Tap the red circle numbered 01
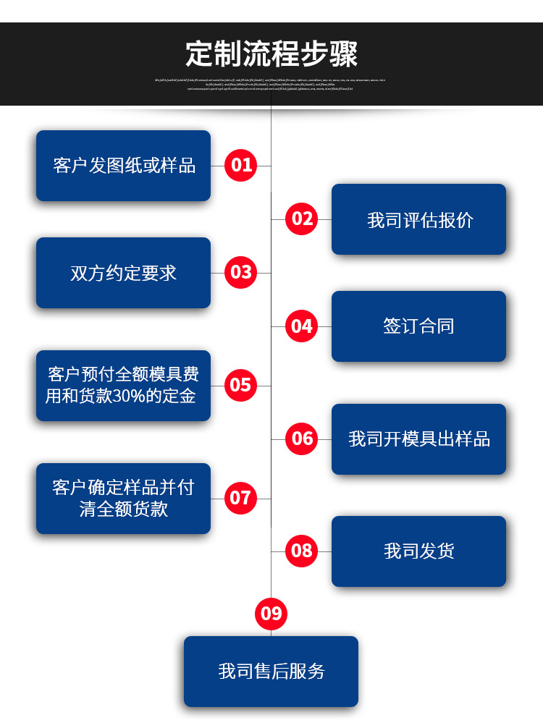click(x=241, y=165)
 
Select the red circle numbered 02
click(x=302, y=219)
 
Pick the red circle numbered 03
click(x=241, y=272)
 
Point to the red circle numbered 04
click(x=302, y=326)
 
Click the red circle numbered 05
click(x=241, y=385)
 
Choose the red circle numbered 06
click(x=302, y=439)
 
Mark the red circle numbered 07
click(x=241, y=498)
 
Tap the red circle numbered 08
click(x=302, y=551)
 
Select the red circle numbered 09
click(x=271, y=614)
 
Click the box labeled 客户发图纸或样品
click(x=123, y=166)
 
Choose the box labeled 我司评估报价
click(x=418, y=219)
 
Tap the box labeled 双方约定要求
click(x=123, y=273)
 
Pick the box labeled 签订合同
click(x=418, y=326)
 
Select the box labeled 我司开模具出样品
click(x=418, y=439)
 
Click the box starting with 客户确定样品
click(x=123, y=499)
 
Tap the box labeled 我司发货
click(x=418, y=551)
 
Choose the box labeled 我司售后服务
click(x=271, y=672)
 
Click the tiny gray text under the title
click(x=271, y=84)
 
